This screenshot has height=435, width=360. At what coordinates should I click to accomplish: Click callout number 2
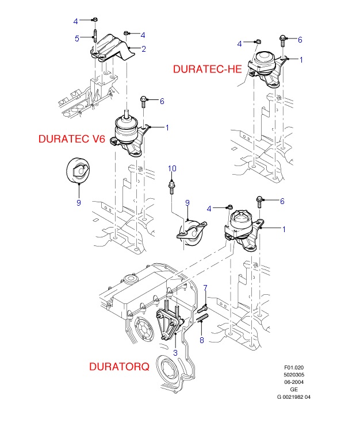tap(144, 49)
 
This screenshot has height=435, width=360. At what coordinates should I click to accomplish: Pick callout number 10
tap(171, 168)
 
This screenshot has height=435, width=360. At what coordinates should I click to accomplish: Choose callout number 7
tap(205, 287)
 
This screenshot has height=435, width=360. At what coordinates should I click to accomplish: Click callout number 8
tap(201, 341)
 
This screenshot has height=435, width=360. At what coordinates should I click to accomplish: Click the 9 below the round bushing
tap(79, 202)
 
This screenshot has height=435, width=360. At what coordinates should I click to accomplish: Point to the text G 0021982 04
tap(293, 396)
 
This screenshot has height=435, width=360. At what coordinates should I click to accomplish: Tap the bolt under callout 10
tap(171, 186)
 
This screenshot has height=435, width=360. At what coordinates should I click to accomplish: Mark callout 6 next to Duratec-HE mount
tap(299, 39)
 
